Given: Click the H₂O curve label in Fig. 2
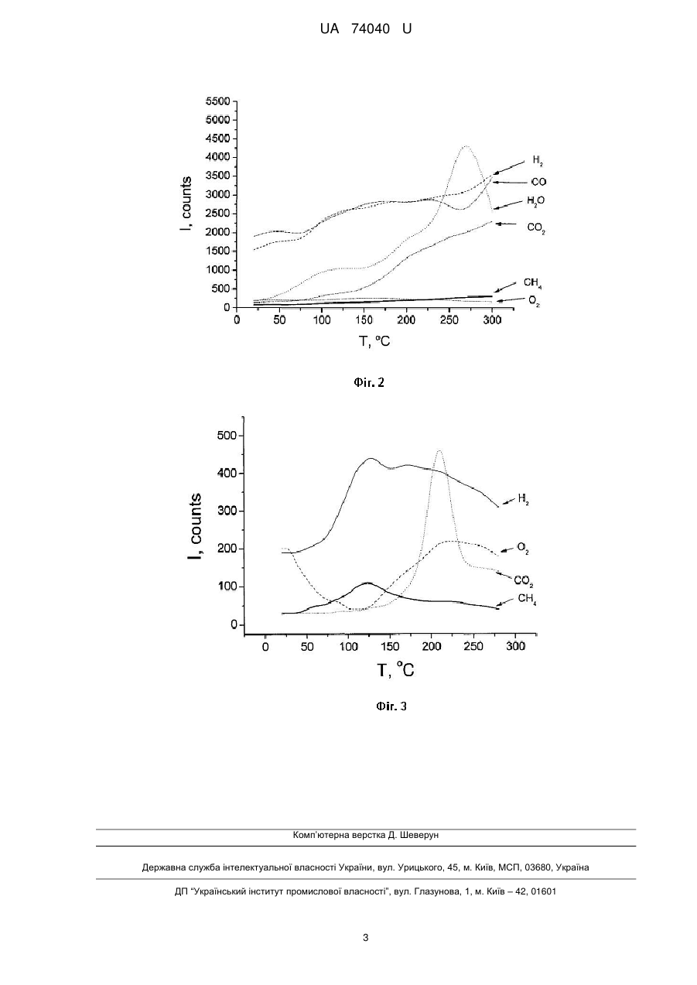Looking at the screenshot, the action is coord(535,201).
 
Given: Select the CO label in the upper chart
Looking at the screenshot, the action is coord(538,182).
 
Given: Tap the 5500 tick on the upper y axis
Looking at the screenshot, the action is coord(218,101).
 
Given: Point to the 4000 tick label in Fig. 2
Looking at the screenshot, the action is coord(218,157).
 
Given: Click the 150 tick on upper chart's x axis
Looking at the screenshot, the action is coord(364,320).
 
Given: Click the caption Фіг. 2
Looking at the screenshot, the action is coord(369,382).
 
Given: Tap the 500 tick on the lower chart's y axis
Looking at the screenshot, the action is coord(227,436).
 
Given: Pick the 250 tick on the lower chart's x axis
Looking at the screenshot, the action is coord(473,646).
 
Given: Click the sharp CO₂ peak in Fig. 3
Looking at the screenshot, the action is coord(439,451).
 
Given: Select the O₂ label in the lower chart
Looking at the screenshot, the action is coord(523,548).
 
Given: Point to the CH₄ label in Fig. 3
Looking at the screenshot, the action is coord(527,600).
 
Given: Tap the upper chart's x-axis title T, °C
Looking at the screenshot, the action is coord(374,341).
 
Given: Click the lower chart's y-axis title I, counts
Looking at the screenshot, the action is coord(194,527).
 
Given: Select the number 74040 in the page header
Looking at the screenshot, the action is coord(371,29).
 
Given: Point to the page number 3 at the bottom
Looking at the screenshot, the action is coord(366,938).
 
